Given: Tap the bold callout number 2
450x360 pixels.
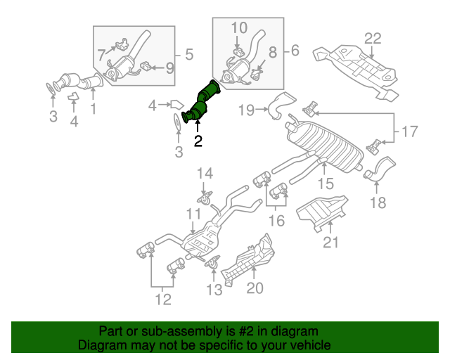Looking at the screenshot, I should point(198,141).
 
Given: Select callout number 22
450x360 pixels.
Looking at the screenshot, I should point(372,38).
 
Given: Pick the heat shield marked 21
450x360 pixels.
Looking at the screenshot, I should point(322,212).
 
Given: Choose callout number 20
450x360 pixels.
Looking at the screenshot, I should point(255,287).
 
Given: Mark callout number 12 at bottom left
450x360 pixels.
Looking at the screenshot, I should point(163,300).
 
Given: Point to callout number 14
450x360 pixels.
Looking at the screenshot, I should point(204,173).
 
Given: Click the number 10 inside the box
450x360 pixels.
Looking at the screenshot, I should point(239,28).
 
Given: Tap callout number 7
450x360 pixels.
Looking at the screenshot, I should point(101,53).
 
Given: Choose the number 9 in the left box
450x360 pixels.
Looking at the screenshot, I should point(169,67).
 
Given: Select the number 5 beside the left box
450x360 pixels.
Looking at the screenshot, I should point(188,53).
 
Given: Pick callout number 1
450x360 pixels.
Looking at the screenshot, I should point(92,109).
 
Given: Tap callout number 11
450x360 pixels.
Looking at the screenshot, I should point(193,214).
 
